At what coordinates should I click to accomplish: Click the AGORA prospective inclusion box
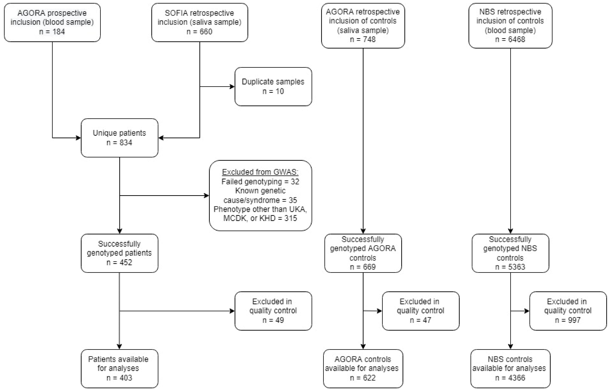[52, 22]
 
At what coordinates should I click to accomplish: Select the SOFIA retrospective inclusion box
[199, 22]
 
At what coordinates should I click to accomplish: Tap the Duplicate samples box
[273, 86]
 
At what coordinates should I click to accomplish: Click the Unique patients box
[119, 138]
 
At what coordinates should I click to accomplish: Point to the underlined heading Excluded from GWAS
[260, 172]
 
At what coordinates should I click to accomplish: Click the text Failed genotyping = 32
[260, 181]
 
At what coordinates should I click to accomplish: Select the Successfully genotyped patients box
[119, 253]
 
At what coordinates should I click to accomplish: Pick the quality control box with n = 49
[273, 311]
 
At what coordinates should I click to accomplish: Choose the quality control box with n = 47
[420, 311]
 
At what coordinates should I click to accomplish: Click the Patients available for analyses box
[119, 368]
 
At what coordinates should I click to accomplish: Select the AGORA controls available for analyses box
[363, 368]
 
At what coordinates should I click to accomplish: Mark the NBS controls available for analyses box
[510, 368]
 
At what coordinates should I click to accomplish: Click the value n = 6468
[510, 39]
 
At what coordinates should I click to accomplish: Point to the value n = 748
[363, 39]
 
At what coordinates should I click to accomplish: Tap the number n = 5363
[510, 267]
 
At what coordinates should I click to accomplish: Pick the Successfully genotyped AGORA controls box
[363, 253]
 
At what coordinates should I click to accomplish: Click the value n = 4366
[510, 378]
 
